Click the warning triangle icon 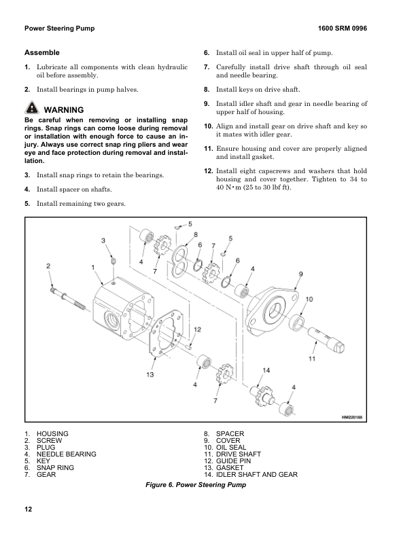[31, 109]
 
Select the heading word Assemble [42, 52]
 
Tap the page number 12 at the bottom [28, 509]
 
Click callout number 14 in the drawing [267, 370]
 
